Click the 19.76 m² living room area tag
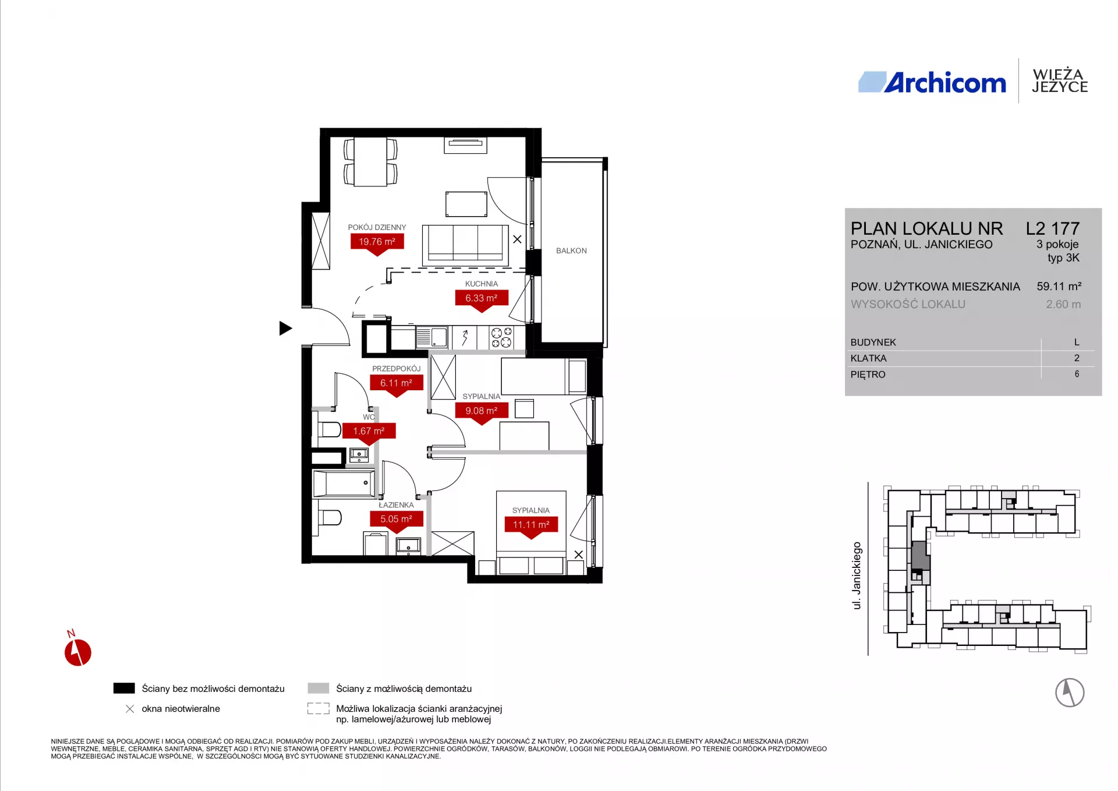(x=377, y=242)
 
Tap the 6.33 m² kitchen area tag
(x=482, y=298)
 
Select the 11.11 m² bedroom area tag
(x=531, y=525)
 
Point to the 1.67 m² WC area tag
(x=369, y=431)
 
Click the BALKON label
(x=571, y=250)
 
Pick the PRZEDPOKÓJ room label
(x=397, y=369)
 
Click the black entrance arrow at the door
(x=285, y=328)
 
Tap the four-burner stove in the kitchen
(x=501, y=338)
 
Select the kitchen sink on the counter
(x=431, y=337)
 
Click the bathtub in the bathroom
(x=344, y=483)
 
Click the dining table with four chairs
(x=370, y=161)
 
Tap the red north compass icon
(x=77, y=651)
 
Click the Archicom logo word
(x=945, y=83)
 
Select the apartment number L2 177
(x=1053, y=228)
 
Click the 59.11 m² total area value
(x=1059, y=287)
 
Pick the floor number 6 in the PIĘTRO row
(x=1077, y=374)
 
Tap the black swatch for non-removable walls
(x=124, y=688)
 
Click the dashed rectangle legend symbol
(x=319, y=708)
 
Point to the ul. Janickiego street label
(x=857, y=576)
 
